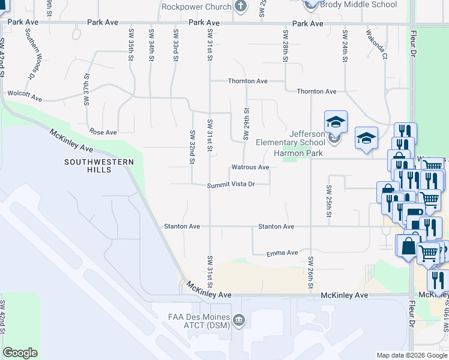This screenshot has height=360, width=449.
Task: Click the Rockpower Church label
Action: click(196, 7)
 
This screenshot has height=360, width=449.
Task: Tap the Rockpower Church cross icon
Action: click(241, 7)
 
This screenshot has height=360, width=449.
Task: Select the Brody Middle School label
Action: click(358, 4)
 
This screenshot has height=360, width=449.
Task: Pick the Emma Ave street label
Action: click(283, 253)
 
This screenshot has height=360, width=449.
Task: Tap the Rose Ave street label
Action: click(103, 132)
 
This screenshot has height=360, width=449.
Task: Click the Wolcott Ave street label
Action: click(24, 95)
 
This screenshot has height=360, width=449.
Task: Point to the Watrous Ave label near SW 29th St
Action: click(250, 167)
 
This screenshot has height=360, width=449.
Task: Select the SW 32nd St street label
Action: click(193, 147)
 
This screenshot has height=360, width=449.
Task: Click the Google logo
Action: click(20, 352)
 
